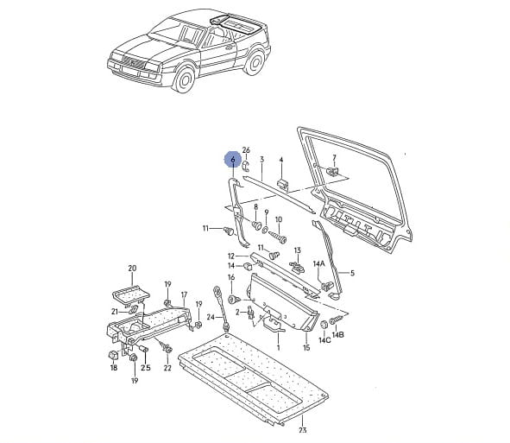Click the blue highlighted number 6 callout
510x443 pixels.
(232, 160)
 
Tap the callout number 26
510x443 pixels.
(246, 150)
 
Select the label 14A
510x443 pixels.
(318, 263)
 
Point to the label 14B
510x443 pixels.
(338, 334)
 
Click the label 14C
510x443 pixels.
(324, 340)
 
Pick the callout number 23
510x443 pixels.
(303, 430)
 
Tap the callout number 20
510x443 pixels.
(132, 269)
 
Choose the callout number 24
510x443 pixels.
(211, 317)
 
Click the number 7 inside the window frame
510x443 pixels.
(334, 158)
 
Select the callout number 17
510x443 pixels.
(184, 294)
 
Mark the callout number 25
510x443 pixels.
(146, 368)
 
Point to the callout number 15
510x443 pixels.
(306, 348)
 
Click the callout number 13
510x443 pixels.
(298, 250)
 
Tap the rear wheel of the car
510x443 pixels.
(255, 62)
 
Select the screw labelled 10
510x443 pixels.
(278, 236)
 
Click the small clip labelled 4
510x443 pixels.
(282, 184)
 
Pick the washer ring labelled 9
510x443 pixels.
(265, 230)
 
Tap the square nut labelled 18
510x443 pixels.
(113, 355)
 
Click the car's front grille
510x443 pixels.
(134, 61)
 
